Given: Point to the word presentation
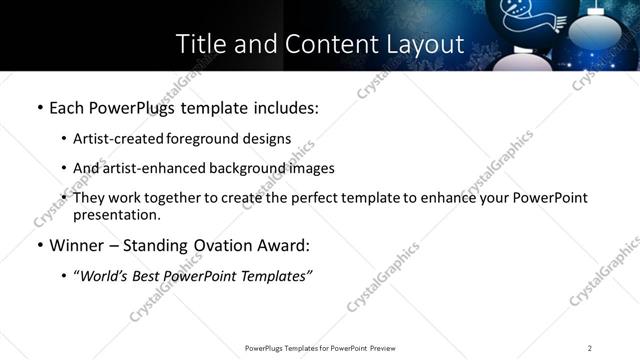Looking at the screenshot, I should pyautogui.click(x=116, y=215).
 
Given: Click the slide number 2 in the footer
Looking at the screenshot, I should pyautogui.click(x=590, y=348).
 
